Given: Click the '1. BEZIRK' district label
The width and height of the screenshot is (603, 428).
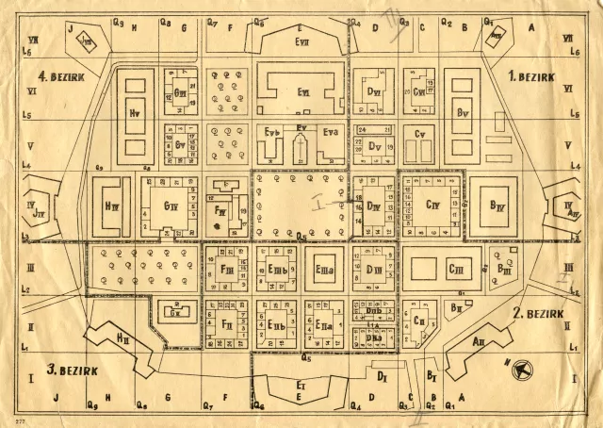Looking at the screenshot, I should [x=531, y=74].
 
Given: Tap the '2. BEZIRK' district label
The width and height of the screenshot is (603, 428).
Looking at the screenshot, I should [x=538, y=312].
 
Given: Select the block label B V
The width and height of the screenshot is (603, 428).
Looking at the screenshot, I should [x=462, y=112].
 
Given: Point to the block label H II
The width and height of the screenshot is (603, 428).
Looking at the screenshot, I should [x=123, y=337].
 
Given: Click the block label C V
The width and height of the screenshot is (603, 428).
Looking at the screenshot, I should [x=421, y=135].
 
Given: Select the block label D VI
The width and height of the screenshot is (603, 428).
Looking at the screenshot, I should [x=373, y=91].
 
